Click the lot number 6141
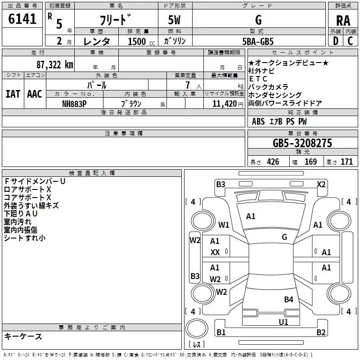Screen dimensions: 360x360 (x=22, y=18)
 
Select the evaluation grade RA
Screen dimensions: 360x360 (x=343, y=21)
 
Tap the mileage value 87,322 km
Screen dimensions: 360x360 (x=55, y=65)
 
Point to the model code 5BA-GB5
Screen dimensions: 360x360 (x=258, y=41)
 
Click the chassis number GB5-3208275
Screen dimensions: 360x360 (x=302, y=143)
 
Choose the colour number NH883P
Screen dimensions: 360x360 (x=74, y=104)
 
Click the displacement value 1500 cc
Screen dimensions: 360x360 (x=141, y=41)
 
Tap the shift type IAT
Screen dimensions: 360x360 (x=13, y=94)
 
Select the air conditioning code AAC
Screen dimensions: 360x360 (x=35, y=94)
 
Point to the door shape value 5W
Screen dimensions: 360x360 (x=174, y=20)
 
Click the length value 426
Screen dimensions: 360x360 (x=273, y=162)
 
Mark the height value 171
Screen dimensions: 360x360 (x=346, y=162)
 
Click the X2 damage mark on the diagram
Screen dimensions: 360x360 (x=321, y=184)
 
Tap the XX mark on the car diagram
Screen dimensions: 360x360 (x=215, y=252)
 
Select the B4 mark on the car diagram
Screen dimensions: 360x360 (x=288, y=300)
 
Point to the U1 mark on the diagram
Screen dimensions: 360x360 (x=283, y=322)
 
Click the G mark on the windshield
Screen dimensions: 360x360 (x=284, y=237)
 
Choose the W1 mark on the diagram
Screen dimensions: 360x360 (x=224, y=225)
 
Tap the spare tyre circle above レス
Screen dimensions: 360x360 (x=197, y=328)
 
